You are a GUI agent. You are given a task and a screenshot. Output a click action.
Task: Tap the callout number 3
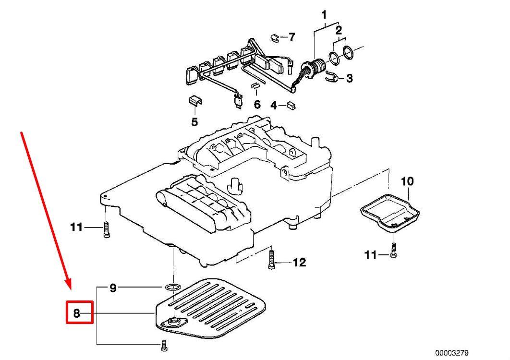[349, 78]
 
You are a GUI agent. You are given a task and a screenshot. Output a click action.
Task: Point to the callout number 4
[274, 105]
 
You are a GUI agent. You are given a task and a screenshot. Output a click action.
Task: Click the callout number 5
[194, 122]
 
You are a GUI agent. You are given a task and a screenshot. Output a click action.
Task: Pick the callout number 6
[257, 104]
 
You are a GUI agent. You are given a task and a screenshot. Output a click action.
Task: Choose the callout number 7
[291, 37]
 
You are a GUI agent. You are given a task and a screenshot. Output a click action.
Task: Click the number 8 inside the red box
[77, 314]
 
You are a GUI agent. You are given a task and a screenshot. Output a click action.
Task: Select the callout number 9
[113, 288]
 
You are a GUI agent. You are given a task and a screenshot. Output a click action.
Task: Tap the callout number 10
[407, 181]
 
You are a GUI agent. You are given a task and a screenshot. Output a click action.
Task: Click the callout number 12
[299, 262]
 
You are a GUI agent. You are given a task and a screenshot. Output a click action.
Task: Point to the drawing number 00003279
[451, 353]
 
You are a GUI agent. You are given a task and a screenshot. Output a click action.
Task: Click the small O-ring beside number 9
[170, 287]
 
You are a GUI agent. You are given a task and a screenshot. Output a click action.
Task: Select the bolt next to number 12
[271, 259]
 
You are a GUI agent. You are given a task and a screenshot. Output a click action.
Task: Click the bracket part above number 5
[194, 100]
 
